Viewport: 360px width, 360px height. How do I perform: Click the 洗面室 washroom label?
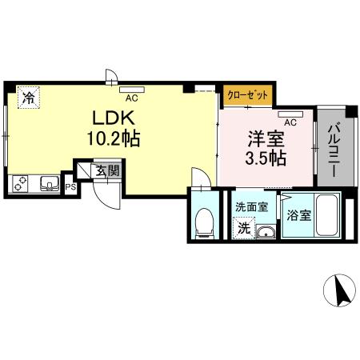tap(252, 208)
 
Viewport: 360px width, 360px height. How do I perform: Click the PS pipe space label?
tap(70, 187)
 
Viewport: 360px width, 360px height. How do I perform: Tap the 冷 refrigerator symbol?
tap(29, 99)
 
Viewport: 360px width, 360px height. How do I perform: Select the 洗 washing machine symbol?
tap(244, 228)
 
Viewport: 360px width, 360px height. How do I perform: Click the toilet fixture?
tap(205, 222)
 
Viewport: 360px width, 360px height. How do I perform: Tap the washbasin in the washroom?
tap(266, 231)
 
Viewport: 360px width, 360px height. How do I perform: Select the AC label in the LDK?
tap(130, 98)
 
